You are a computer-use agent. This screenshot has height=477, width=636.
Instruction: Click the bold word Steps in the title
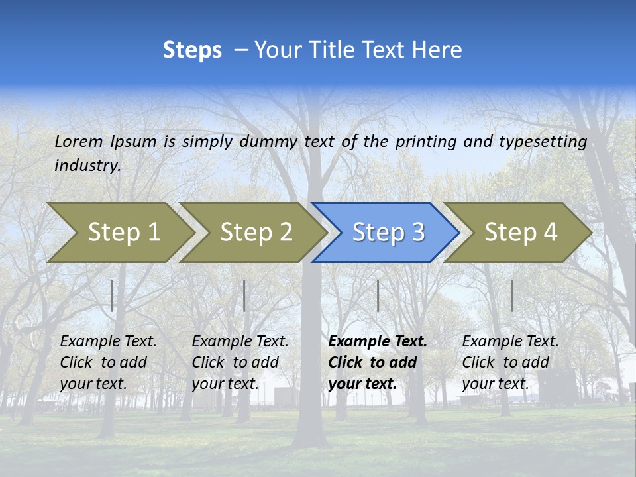pos(192,50)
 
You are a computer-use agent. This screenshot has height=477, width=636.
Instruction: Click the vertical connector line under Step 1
pos(112,295)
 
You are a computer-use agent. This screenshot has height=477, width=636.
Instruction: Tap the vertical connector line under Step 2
pos(244,295)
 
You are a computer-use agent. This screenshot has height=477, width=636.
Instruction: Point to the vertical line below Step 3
pos(378,295)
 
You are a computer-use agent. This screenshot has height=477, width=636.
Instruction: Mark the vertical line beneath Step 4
pos(511,295)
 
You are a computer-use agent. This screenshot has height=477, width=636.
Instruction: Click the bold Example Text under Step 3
pos(376,362)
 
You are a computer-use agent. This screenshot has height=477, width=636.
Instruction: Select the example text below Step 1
pos(108,362)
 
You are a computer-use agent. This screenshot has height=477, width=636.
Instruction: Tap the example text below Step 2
pos(240,362)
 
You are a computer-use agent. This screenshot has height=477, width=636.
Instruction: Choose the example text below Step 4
pos(510,362)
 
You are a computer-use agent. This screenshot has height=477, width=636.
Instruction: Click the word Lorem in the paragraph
pos(79,141)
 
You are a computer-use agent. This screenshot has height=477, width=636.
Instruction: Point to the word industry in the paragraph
pos(87,166)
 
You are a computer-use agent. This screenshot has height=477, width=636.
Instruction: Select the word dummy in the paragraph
pos(268,142)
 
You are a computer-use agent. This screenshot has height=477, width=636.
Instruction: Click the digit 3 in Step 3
pos(417,233)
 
